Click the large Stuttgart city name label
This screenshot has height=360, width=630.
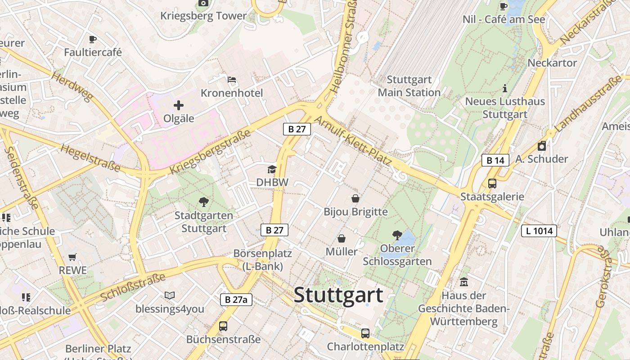pos(338,295)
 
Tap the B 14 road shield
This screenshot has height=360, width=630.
pos(495,160)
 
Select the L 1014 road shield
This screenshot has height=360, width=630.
pos(539,231)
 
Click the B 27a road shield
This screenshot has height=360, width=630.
pos(236,300)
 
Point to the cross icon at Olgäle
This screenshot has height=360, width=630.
pos(179,105)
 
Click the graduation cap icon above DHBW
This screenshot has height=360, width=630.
pos(272,169)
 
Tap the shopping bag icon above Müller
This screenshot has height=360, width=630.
pos(342,238)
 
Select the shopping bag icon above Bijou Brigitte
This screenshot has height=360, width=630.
pos(355,198)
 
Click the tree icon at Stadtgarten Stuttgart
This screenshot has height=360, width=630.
pos(203,202)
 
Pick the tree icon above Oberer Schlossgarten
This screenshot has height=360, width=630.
pos(397,235)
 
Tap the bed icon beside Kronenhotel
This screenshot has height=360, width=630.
pos(232,80)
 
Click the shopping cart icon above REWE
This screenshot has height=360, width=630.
pos(72,257)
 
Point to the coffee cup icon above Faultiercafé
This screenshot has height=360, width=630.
pos(93,40)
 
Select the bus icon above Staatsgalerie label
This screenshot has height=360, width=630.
pos(492,184)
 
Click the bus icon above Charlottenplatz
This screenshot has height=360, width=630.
pos(365,333)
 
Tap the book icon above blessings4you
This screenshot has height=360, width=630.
pos(169,296)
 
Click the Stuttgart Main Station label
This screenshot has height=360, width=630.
pos(409,86)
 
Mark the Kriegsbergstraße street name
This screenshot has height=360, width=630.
pos(210,152)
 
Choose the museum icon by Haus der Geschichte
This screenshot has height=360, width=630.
pos(464,283)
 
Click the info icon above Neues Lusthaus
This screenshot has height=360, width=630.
pos(504,88)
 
